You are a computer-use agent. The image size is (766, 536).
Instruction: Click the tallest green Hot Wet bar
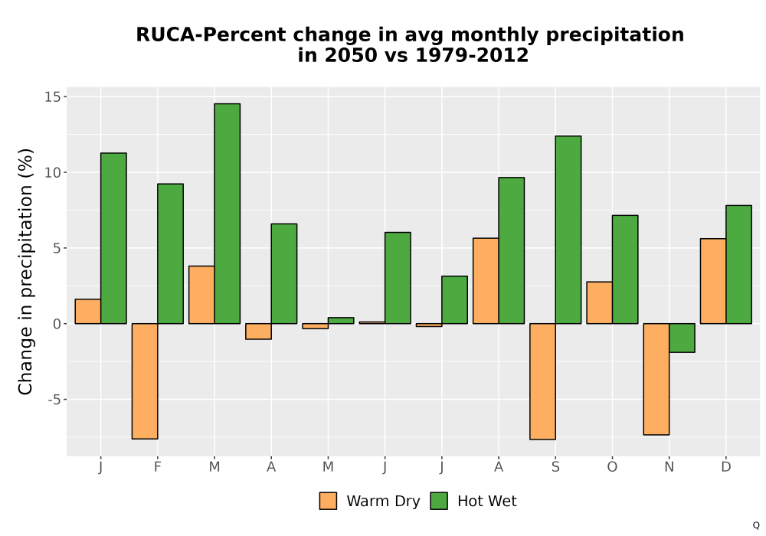click(228, 214)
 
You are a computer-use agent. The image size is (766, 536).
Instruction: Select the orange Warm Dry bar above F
click(145, 381)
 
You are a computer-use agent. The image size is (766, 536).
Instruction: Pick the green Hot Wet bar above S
click(568, 230)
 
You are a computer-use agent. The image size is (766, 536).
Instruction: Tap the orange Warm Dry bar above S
click(543, 381)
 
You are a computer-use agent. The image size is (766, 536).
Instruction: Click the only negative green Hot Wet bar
click(682, 338)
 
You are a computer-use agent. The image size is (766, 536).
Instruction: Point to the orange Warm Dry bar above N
click(656, 379)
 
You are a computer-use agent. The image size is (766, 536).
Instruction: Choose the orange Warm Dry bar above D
click(713, 281)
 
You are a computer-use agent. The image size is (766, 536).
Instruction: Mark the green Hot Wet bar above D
click(738, 265)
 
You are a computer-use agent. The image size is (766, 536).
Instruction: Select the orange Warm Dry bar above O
click(600, 302)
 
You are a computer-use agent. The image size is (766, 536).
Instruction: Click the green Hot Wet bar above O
click(625, 270)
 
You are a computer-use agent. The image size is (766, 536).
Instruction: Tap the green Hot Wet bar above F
click(171, 254)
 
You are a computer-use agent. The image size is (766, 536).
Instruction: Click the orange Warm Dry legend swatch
click(328, 501)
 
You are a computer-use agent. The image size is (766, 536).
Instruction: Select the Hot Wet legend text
click(486, 501)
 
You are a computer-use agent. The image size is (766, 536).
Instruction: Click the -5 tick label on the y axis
click(54, 399)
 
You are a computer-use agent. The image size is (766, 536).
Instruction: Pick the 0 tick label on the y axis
click(58, 324)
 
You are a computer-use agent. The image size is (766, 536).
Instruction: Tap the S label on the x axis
click(555, 467)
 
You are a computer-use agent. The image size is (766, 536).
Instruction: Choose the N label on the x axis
click(669, 467)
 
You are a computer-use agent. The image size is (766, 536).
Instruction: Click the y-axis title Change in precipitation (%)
click(25, 271)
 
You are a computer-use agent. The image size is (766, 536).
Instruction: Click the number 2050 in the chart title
click(351, 55)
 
